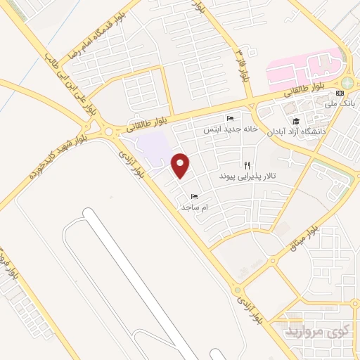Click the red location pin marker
coord(181,165)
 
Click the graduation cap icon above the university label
coord(296,120)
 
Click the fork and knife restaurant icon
coord(247,165)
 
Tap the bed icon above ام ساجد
coord(194,197)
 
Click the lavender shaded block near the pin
coord(154,146)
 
